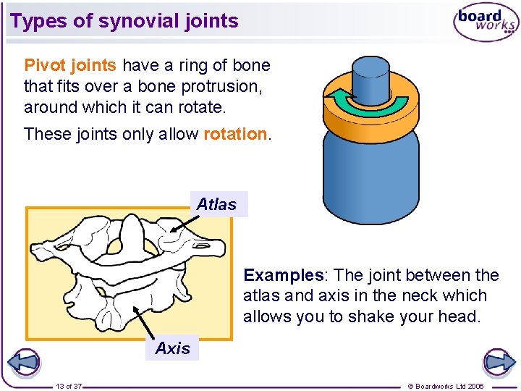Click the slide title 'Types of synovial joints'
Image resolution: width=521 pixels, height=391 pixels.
(x=124, y=21)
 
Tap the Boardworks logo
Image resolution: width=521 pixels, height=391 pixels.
(x=486, y=23)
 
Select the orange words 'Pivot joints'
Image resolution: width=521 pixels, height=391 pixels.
(x=70, y=65)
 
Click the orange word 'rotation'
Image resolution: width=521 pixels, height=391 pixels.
(x=235, y=134)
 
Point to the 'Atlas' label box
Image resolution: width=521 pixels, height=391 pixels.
(x=216, y=204)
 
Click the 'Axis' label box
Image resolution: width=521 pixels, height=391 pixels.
(x=172, y=348)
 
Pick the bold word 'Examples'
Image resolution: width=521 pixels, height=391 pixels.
(x=283, y=275)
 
